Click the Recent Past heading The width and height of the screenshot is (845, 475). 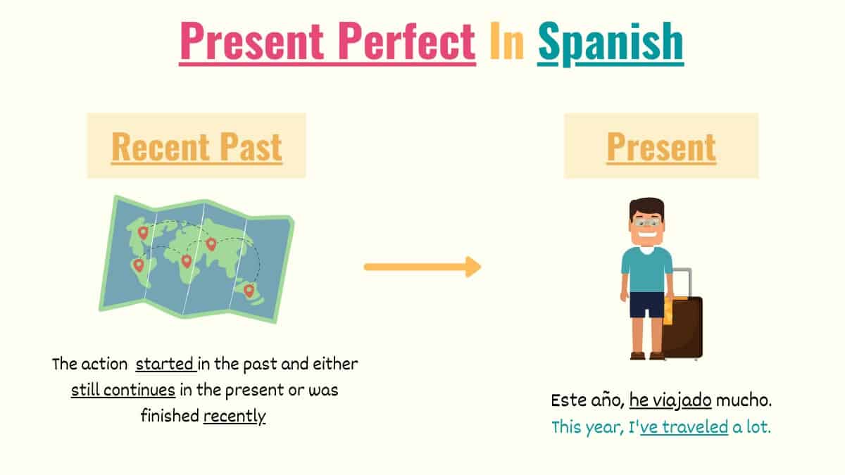pyautogui.click(x=196, y=146)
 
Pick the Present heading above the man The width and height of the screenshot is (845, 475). pyautogui.click(x=661, y=146)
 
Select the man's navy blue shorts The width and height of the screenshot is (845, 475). pyautogui.click(x=646, y=305)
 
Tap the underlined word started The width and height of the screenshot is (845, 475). pyautogui.click(x=165, y=365)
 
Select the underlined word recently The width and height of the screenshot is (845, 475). pyautogui.click(x=234, y=416)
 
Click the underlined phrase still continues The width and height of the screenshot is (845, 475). pyautogui.click(x=123, y=390)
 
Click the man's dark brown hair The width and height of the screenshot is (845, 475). pyautogui.click(x=646, y=206)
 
